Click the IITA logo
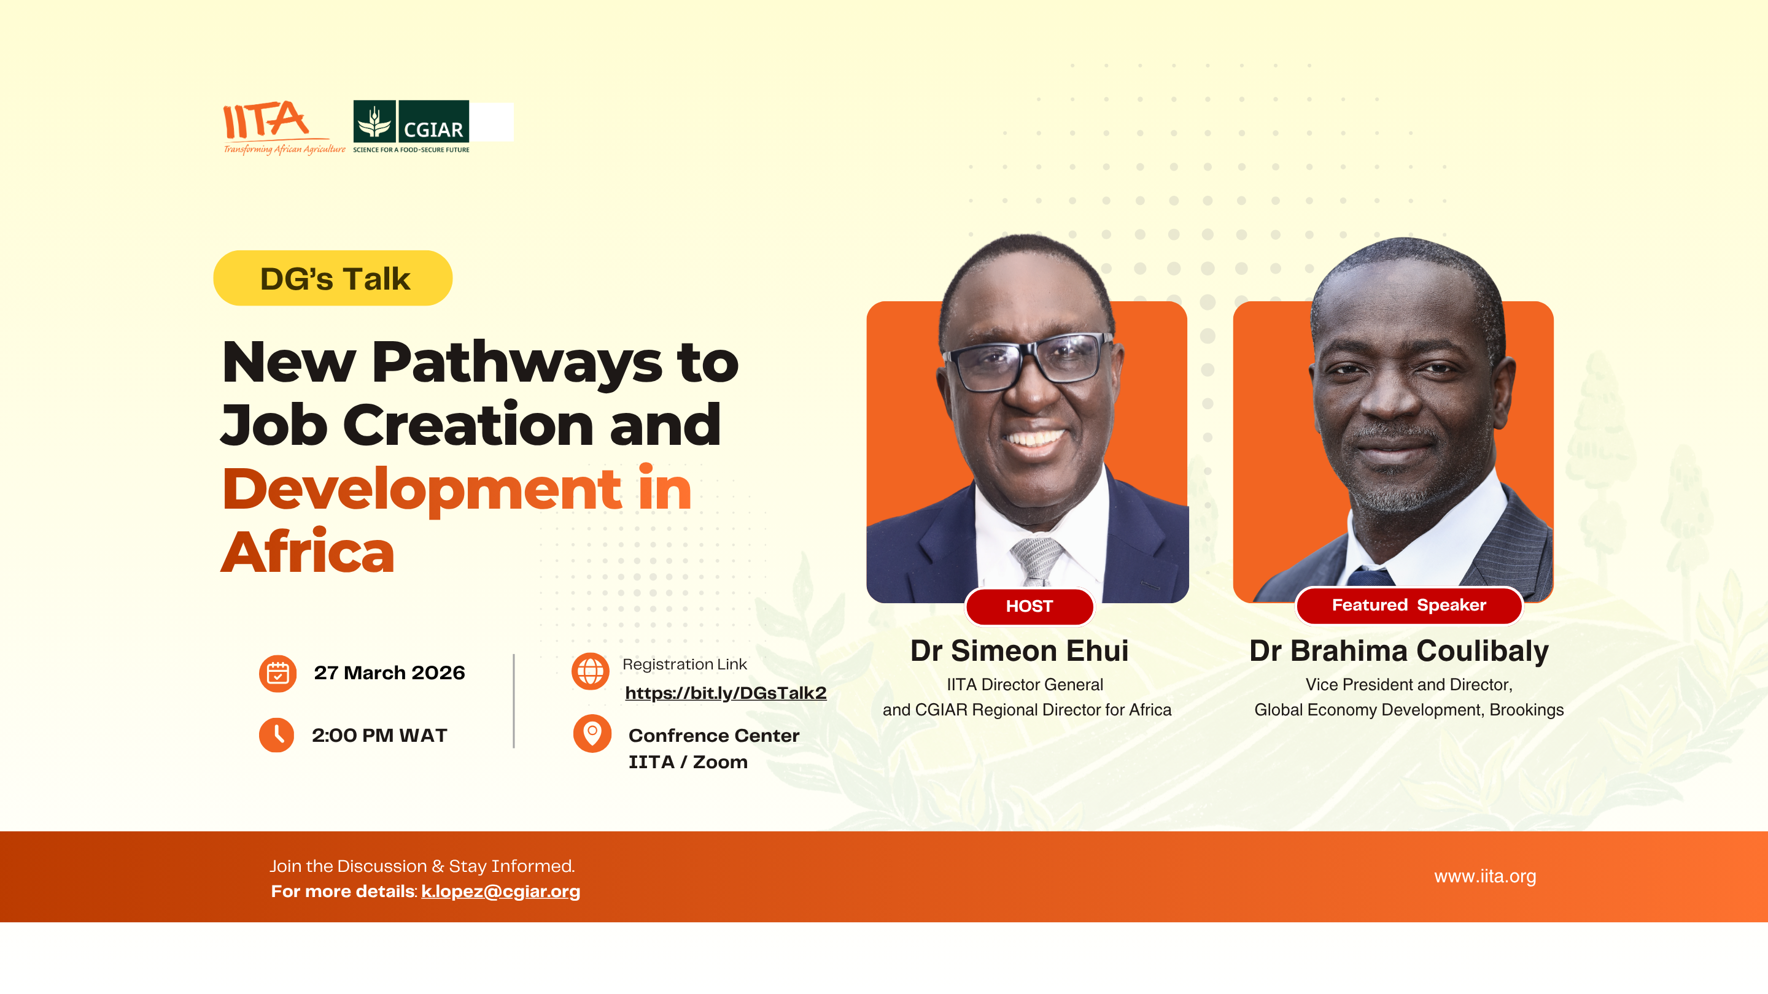pyautogui.click(x=284, y=128)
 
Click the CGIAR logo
pyautogui.click(x=411, y=127)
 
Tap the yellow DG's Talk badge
pyautogui.click(x=333, y=278)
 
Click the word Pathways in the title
pyautogui.click(x=517, y=362)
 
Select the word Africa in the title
pyautogui.click(x=308, y=551)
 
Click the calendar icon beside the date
pyautogui.click(x=277, y=673)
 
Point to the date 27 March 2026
pyautogui.click(x=389, y=672)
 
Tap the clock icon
pyautogui.click(x=277, y=734)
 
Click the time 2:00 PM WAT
pyautogui.click(x=379, y=736)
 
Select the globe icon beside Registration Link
pyautogui.click(x=590, y=671)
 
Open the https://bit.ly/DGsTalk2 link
pyautogui.click(x=726, y=693)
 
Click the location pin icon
pyautogui.click(x=592, y=733)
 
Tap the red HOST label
pyautogui.click(x=1029, y=606)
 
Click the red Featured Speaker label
pyautogui.click(x=1409, y=605)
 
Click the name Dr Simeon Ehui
pyautogui.click(x=1019, y=650)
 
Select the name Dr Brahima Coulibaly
pyautogui.click(x=1399, y=650)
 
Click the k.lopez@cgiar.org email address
pyautogui.click(x=500, y=891)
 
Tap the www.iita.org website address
pyautogui.click(x=1485, y=876)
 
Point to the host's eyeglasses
pyautogui.click(x=1027, y=360)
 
